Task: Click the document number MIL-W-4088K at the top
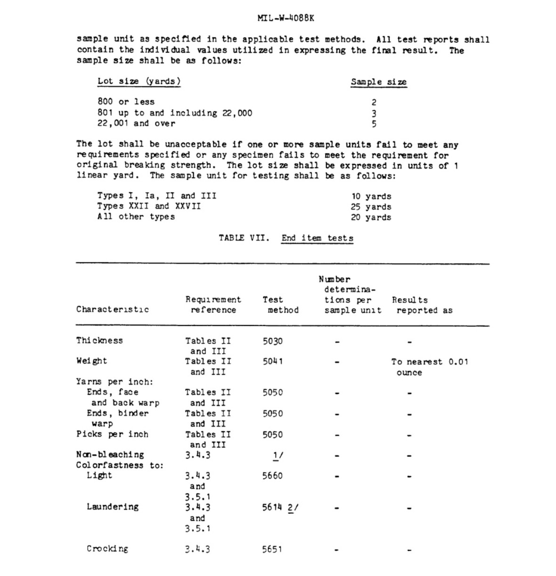coord(286,18)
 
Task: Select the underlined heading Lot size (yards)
coord(139,81)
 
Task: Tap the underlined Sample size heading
coord(378,82)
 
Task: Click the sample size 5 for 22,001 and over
coord(374,124)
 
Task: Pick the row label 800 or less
coord(126,102)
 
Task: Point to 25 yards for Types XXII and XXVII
coord(371,207)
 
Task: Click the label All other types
coord(136,217)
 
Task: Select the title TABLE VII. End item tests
coord(286,238)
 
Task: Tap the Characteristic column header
coord(112,309)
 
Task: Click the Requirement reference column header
coord(213,305)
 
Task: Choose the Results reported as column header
coord(422,305)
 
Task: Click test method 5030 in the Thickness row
coord(273,341)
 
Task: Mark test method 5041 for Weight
coord(273,362)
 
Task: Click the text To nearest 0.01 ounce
coord(429,367)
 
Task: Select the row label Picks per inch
coord(112,434)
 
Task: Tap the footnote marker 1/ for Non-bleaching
coord(278,455)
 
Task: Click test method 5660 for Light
coord(273,476)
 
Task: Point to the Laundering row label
coord(113,507)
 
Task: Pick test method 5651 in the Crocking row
coord(273,549)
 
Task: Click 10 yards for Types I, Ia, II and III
coord(371,196)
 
